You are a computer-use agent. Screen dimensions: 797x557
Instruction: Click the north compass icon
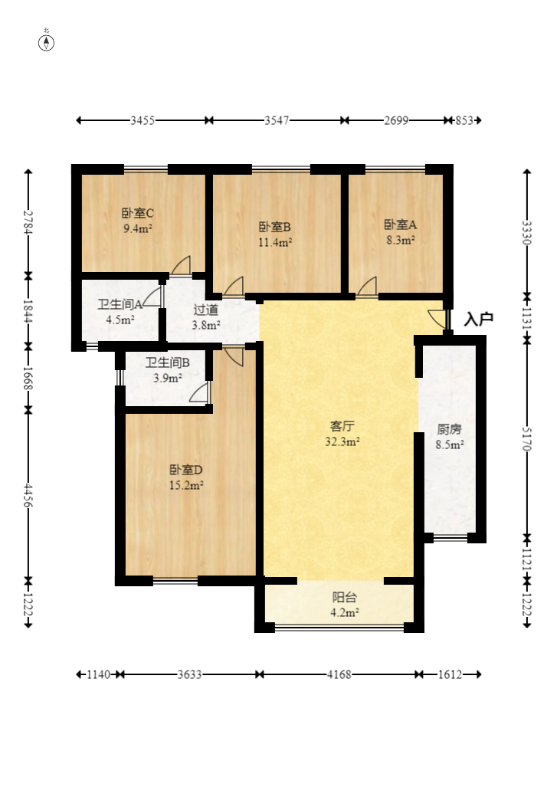coord(47,41)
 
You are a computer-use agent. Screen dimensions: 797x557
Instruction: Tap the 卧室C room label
coord(138,213)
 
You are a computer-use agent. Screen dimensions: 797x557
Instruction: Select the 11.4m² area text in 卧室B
coord(275,243)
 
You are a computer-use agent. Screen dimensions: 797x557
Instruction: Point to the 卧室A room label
coord(400,225)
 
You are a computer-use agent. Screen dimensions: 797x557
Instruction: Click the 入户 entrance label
coord(478,320)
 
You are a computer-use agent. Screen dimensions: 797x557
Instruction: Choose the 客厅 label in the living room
coord(342,425)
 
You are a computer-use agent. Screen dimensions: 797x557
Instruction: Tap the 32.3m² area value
coord(342,441)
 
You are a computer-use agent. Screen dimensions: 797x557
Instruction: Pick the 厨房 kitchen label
coord(449,429)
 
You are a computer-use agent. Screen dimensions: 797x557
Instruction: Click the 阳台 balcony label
coord(344,597)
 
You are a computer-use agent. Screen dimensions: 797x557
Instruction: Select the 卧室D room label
coord(185,470)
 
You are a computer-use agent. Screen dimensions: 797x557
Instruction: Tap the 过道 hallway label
coord(205,310)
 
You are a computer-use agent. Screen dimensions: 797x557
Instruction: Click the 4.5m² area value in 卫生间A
coord(120,320)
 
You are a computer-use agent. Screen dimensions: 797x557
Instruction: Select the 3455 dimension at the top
coord(143,120)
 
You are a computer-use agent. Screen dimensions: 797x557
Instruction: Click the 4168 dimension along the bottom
coord(339,674)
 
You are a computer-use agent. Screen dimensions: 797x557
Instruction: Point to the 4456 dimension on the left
coord(28,495)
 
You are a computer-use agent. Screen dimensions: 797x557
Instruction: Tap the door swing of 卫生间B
coord(200,392)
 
